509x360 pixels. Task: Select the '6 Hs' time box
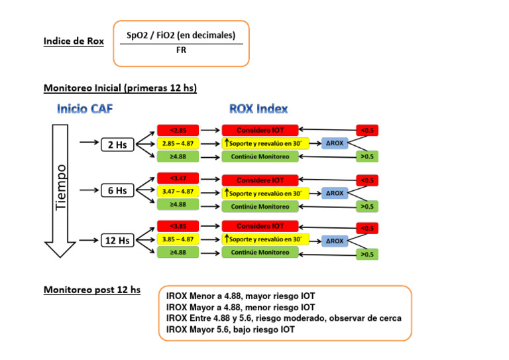pos(117,191)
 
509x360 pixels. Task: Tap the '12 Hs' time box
pos(117,240)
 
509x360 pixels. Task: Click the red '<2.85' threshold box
pos(178,130)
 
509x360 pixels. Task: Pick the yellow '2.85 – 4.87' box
pos(178,143)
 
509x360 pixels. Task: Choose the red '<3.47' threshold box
pos(178,178)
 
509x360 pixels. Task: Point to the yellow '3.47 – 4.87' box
pos(178,192)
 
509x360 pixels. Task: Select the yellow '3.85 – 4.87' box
pos(178,239)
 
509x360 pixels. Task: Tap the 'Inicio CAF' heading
pos(85,109)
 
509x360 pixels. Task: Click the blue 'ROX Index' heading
pos(258,109)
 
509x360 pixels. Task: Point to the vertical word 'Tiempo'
pos(61,188)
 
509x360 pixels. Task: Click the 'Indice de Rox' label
pos(74,41)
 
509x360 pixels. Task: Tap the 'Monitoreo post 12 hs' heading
pos(91,290)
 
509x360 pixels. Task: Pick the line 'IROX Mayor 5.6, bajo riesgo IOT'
pos(230,330)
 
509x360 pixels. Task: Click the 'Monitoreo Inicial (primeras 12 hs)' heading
pos(120,88)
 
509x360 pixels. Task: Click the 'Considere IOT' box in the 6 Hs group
pos(260,180)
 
